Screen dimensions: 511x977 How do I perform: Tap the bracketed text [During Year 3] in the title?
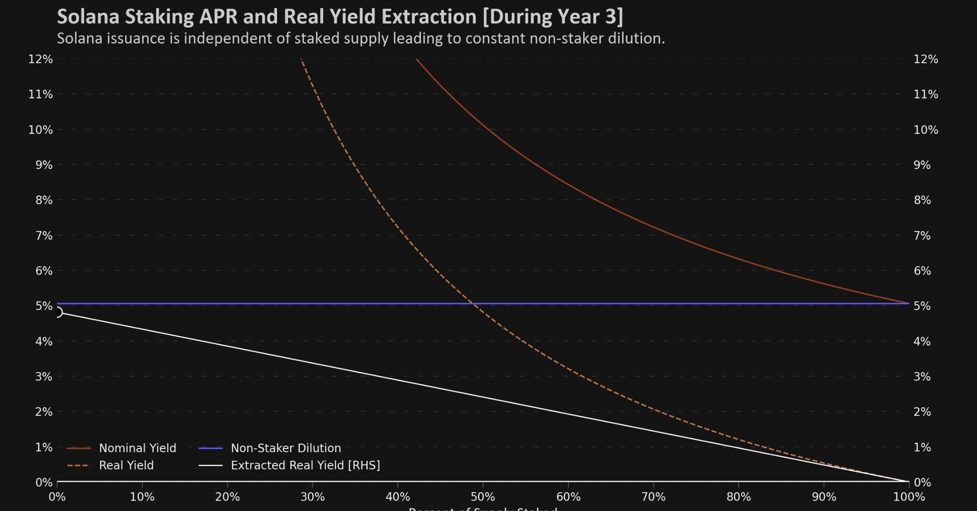coord(553,17)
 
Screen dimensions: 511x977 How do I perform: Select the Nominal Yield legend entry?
coord(137,448)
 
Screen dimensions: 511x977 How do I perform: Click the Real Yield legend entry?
coord(126,465)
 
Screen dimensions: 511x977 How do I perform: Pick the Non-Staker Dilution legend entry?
coord(286,448)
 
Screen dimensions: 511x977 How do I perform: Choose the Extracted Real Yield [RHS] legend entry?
coord(305,465)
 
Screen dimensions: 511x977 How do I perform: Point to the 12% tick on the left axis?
coord(40,59)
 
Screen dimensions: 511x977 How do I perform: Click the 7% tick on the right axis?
coord(922,236)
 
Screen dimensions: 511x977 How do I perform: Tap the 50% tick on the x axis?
coord(483,497)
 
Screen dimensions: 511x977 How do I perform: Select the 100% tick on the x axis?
coord(909,497)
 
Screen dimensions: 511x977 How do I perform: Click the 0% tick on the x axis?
coord(57,497)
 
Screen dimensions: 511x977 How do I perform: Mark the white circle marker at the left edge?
coord(58,312)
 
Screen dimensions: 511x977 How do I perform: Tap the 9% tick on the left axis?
coord(44,165)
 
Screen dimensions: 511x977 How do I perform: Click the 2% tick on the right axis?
coord(922,412)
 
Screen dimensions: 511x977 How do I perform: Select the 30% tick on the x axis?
coord(312,497)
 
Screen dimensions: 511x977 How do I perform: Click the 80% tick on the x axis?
coord(739,497)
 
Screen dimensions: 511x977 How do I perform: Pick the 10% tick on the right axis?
coord(925,130)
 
